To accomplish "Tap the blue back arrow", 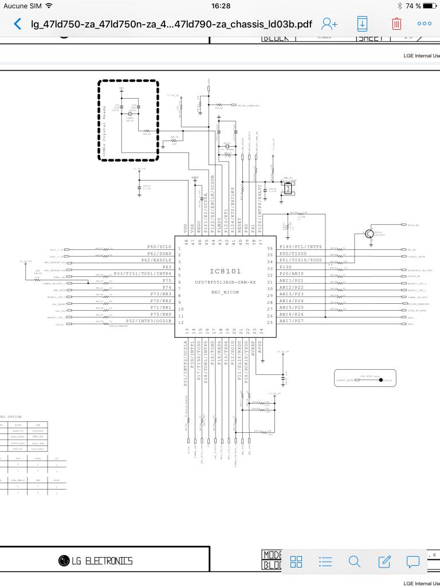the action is click(18, 24).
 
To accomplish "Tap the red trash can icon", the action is click(396, 24).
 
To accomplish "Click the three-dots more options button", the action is click(425, 24).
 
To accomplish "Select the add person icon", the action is click(329, 24).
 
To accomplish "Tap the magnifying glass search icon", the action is click(355, 561).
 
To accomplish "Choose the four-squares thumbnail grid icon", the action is click(296, 561).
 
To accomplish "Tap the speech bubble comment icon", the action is click(413, 561).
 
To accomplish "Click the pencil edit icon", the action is click(384, 561).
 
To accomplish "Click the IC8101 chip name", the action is click(225, 271).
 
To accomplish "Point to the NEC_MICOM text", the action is click(225, 292).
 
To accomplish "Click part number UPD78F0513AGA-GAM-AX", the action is click(225, 283).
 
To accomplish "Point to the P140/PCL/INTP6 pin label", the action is click(301, 246).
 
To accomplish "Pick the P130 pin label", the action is click(286, 267).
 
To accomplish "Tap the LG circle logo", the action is click(64, 561).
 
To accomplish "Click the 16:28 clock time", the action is click(220, 6).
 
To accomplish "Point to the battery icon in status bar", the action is click(430, 6).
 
